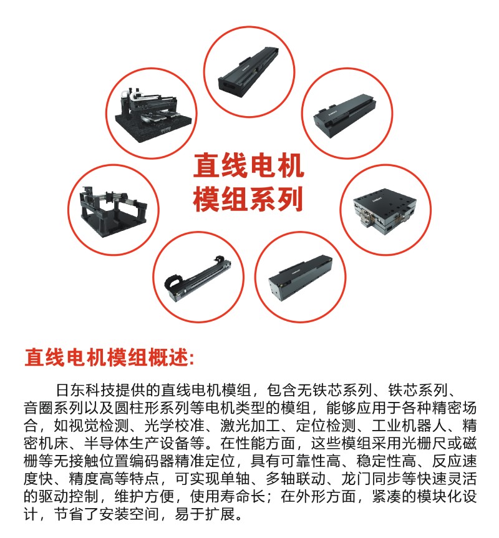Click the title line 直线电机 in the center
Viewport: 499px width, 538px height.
[249, 166]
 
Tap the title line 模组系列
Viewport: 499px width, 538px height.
[249, 198]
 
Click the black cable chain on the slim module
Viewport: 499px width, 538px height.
[174, 283]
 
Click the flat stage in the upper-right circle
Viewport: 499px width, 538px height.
[345, 115]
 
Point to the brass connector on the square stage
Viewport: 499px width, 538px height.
[367, 220]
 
